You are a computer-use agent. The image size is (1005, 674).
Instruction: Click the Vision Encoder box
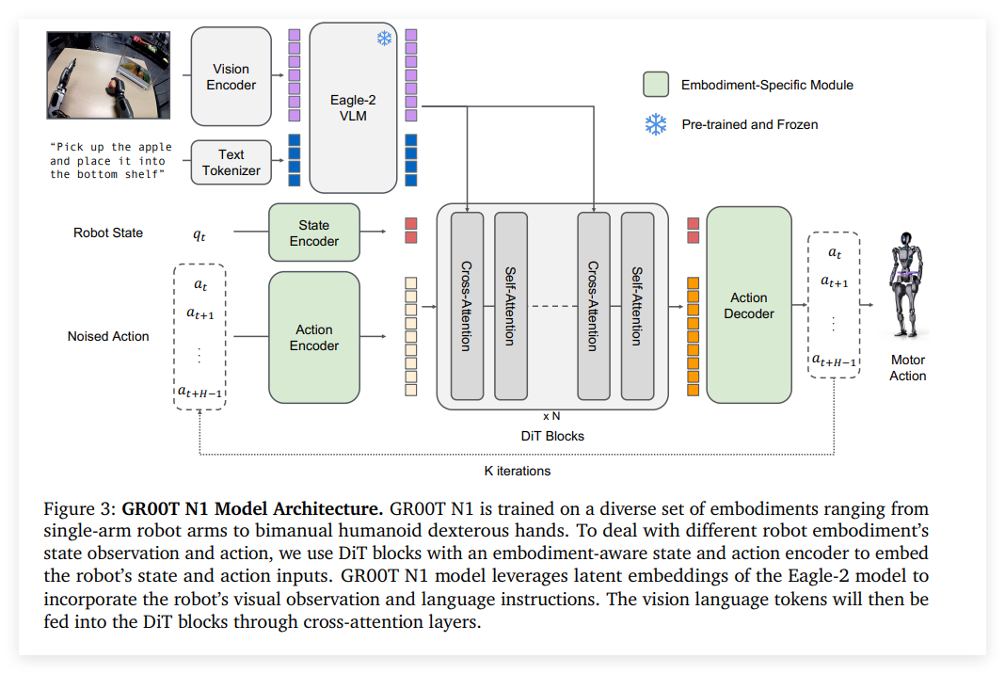click(x=231, y=76)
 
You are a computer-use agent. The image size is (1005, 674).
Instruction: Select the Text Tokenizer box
click(x=231, y=163)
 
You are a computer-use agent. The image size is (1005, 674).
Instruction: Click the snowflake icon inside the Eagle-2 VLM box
click(x=384, y=39)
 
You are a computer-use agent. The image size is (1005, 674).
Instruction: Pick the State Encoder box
click(x=313, y=233)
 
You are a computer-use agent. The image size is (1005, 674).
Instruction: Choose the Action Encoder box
click(x=313, y=338)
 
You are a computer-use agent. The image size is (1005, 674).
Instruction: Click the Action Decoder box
click(x=749, y=306)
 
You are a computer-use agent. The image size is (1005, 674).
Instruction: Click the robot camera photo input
click(x=109, y=75)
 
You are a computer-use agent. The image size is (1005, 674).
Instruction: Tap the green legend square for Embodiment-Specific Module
click(x=656, y=85)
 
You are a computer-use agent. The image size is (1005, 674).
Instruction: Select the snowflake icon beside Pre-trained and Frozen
click(x=656, y=124)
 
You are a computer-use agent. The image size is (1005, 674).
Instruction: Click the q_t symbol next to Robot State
click(x=199, y=234)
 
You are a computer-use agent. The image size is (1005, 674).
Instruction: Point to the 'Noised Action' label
click(x=108, y=336)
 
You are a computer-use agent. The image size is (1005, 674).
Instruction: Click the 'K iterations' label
click(x=517, y=471)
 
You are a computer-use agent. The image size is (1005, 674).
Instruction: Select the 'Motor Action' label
click(x=908, y=368)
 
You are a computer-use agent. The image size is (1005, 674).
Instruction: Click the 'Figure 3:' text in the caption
click(x=80, y=509)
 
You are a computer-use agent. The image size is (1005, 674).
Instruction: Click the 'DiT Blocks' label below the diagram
click(x=552, y=437)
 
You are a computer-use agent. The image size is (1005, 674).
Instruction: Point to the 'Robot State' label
click(x=108, y=233)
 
